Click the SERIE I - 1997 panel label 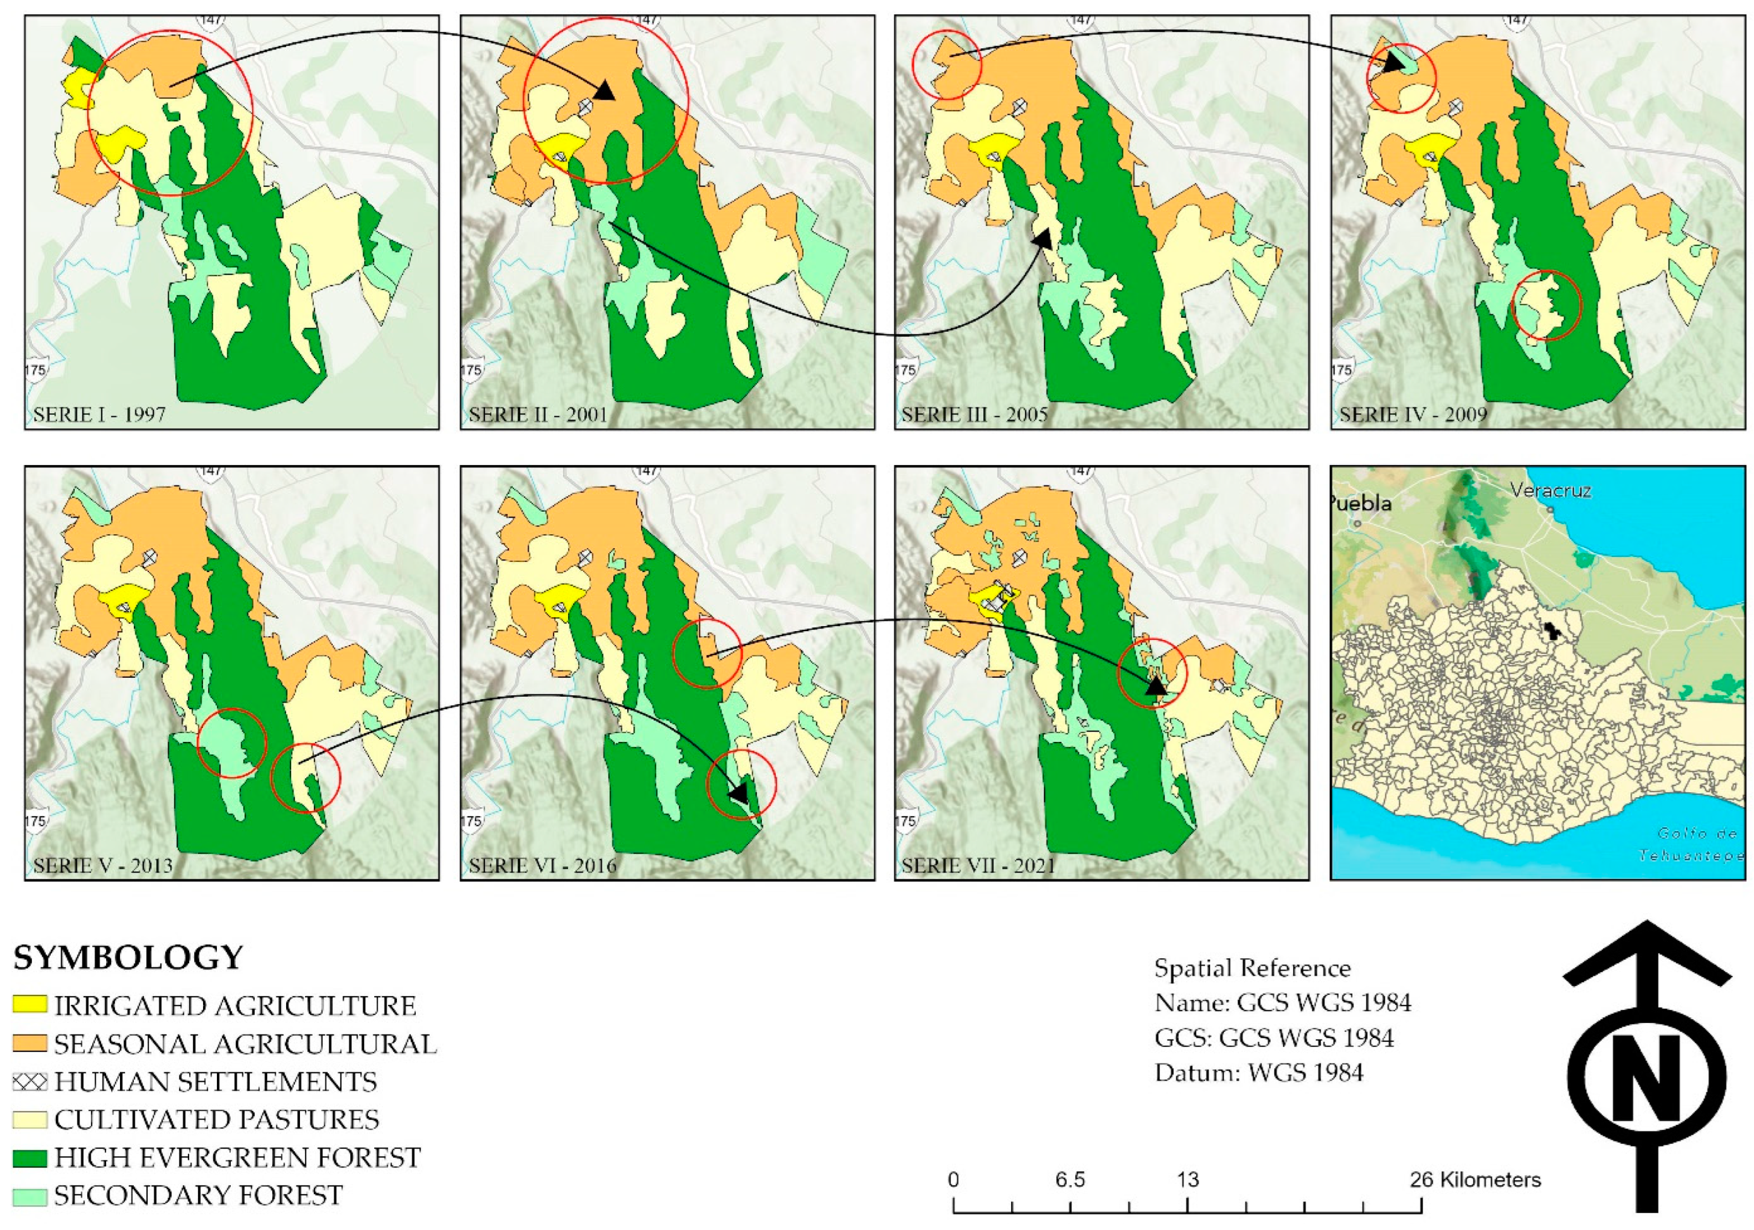(99, 415)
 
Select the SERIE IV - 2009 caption (1413, 415)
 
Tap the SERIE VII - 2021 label (978, 865)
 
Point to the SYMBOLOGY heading (128, 957)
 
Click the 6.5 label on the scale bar (1070, 1180)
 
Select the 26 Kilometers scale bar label (1475, 1180)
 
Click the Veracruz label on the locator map (1551, 491)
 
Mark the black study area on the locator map (1544, 630)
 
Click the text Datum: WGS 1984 (1258, 1073)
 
